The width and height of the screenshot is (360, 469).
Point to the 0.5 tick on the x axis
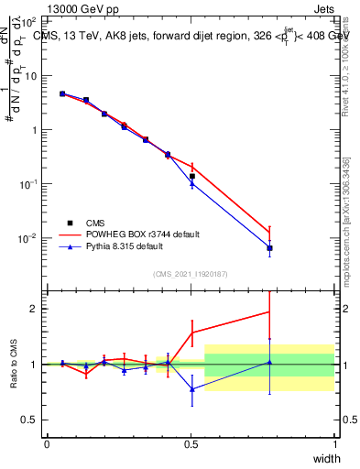191,444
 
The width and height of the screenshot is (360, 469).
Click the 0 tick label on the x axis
48,444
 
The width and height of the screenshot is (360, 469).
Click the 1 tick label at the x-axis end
335,444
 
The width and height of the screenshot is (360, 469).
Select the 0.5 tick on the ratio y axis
31,420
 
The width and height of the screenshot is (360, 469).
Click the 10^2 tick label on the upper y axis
30,20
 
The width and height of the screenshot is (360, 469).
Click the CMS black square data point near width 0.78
269,248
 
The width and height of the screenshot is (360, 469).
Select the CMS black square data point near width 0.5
191,176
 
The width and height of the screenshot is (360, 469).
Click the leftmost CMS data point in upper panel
62,93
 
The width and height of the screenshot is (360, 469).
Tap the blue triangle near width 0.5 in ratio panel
191,389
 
